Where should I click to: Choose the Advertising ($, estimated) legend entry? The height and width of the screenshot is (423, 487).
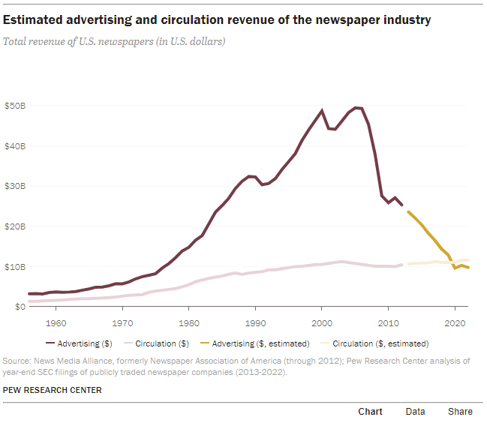[x=258, y=343]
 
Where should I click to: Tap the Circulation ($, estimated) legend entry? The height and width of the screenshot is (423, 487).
[x=380, y=343]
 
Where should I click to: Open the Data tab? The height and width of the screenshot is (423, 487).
[x=415, y=411]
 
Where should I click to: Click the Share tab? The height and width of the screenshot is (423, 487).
[x=460, y=411]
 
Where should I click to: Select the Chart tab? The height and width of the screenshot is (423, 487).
[x=370, y=411]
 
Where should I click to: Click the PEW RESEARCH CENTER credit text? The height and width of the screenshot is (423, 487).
[x=53, y=390]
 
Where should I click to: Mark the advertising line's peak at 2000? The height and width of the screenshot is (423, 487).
[x=322, y=110]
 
